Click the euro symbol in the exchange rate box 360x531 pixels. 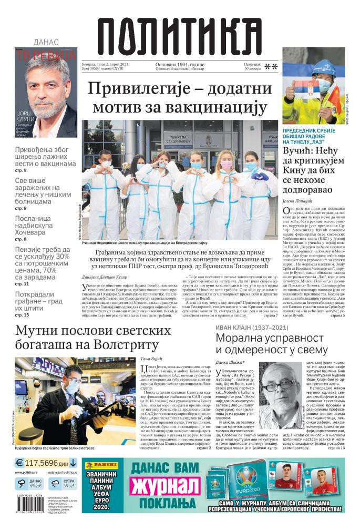pos(19,463)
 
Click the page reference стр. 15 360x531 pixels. pos(22,315)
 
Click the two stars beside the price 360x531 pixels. pos(271,67)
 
